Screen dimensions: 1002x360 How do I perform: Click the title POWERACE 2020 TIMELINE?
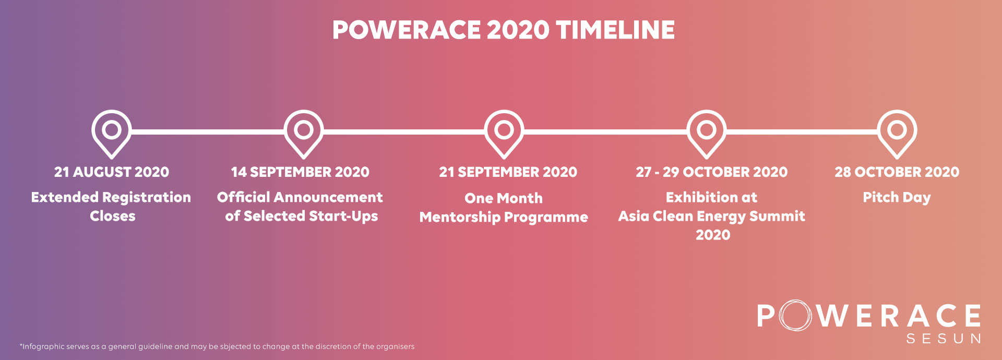(x=504, y=30)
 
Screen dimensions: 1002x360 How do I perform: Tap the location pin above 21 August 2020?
(x=111, y=119)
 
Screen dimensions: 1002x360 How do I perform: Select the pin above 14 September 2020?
(x=303, y=119)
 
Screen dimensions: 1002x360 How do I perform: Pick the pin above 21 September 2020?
(x=504, y=119)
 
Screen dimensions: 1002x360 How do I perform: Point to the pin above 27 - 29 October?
(x=706, y=119)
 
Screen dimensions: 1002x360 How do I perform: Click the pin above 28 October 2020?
(x=897, y=119)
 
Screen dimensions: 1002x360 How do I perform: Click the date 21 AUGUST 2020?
(x=112, y=172)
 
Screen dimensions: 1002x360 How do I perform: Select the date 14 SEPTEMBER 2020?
(x=300, y=172)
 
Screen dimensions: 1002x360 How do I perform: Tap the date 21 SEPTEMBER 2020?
(x=508, y=172)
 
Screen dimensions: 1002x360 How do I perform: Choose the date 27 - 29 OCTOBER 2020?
(x=712, y=172)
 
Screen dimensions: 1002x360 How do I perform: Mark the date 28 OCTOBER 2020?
(x=897, y=172)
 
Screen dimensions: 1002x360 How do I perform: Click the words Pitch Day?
(x=897, y=198)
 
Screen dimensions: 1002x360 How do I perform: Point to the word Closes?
(x=113, y=216)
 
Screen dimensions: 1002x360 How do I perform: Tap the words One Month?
(x=504, y=198)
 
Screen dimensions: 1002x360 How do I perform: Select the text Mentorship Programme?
(x=504, y=218)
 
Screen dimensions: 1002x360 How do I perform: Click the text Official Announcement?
(x=300, y=197)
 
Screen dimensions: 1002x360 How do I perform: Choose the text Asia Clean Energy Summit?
(x=712, y=217)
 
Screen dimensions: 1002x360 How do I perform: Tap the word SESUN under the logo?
(x=944, y=339)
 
